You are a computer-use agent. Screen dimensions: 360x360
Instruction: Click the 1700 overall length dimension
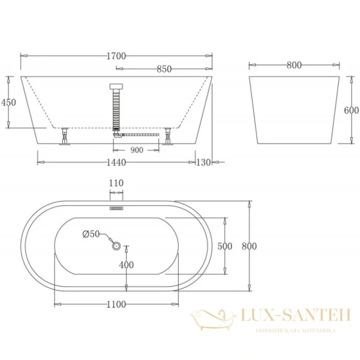117,56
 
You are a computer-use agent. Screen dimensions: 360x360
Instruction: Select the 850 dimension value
164,69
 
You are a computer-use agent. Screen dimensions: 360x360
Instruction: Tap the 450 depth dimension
8,102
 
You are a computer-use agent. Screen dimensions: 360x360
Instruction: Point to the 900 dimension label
137,150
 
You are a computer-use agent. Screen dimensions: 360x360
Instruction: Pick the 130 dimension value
203,163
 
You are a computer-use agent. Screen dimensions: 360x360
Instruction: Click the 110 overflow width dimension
116,184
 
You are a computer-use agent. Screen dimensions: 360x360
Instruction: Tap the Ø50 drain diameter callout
90,233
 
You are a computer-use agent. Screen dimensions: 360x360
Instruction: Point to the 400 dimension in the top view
126,265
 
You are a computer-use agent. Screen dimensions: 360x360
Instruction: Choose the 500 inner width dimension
224,246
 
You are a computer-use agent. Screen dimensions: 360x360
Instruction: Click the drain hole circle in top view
116,245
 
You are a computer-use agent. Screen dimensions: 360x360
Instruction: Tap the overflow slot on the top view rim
116,208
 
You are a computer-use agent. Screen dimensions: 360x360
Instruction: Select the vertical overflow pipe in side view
117,108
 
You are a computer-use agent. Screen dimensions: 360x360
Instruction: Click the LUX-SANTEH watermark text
287,314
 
